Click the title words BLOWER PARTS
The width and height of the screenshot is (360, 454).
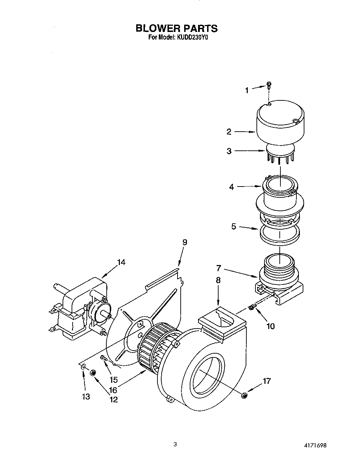click(x=177, y=28)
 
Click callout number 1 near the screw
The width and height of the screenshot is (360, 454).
click(x=247, y=90)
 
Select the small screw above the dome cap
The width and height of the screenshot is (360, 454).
click(x=269, y=85)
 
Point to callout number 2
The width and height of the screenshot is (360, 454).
click(x=229, y=132)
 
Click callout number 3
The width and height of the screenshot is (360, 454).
click(x=229, y=151)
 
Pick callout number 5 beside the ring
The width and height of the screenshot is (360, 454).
click(x=234, y=226)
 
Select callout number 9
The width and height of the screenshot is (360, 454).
click(x=185, y=242)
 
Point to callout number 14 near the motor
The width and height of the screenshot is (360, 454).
click(x=121, y=262)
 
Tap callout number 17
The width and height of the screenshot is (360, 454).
click(x=267, y=381)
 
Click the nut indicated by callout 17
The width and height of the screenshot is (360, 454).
click(x=244, y=395)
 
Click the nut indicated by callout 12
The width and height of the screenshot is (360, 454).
click(x=93, y=373)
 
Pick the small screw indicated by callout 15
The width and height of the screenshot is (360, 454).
click(x=103, y=358)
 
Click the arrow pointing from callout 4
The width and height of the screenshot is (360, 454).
click(x=250, y=187)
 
